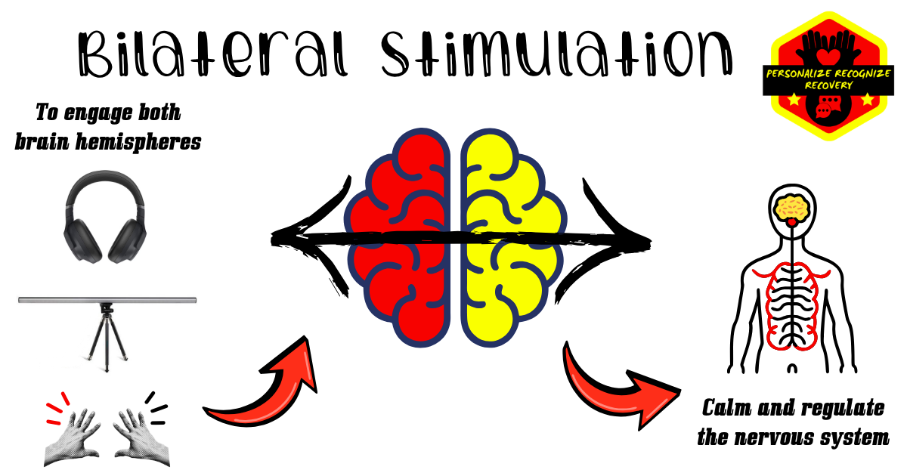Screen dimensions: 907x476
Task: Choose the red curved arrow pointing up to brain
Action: click(265, 385)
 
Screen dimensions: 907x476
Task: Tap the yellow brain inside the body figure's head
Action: click(791, 205)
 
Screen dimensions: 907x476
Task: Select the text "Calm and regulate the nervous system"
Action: click(793, 422)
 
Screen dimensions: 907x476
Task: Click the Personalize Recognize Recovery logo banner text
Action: click(828, 79)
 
